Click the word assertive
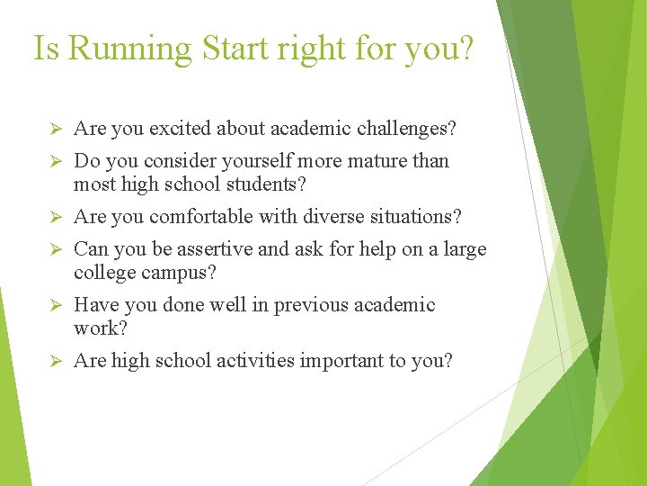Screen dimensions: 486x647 [207, 249]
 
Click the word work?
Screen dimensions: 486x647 [101, 328]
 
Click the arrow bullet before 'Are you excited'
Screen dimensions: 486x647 [52, 130]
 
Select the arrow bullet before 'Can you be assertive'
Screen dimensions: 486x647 [52, 250]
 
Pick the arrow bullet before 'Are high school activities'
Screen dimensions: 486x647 [52, 362]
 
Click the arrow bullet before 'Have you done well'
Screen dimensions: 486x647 [52, 306]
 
